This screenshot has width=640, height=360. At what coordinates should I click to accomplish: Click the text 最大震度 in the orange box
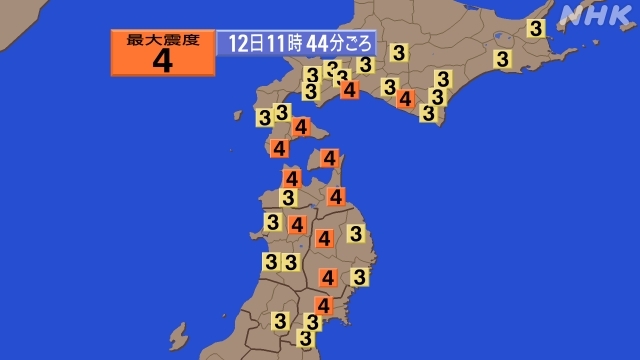163,40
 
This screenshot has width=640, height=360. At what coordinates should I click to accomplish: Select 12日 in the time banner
240,44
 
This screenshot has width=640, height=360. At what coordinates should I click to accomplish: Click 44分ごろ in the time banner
341,44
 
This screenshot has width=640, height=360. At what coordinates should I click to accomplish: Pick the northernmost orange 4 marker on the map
349,89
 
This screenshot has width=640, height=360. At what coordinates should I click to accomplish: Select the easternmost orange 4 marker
405,98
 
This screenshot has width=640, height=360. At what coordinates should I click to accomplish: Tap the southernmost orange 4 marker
324,305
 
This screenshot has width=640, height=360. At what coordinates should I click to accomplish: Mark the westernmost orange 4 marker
279,148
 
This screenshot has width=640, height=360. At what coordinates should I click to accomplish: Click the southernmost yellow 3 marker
306,338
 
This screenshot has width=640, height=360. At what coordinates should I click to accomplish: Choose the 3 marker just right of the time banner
399,52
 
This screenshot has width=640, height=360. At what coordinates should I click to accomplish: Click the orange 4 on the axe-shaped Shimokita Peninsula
329,157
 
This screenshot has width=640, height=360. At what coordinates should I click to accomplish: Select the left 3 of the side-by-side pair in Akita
270,262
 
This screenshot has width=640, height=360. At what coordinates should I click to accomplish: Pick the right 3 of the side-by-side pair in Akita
290,262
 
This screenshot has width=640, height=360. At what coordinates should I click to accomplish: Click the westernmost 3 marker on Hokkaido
264,117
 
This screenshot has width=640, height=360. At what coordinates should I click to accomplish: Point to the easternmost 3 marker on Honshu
360,276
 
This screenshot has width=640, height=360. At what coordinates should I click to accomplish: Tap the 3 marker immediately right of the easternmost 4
436,97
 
